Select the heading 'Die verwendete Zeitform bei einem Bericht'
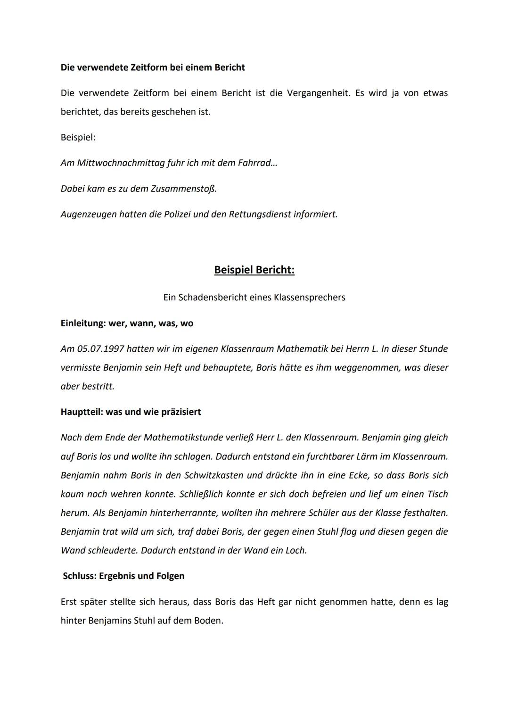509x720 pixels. tap(153, 67)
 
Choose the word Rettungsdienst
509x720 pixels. tap(260, 215)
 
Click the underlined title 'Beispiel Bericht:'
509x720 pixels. tap(254, 270)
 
